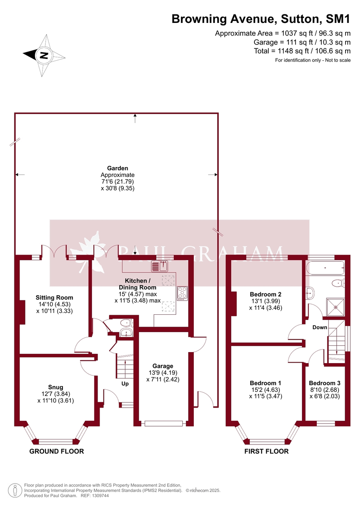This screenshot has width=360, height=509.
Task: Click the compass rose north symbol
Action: click(x=44, y=55)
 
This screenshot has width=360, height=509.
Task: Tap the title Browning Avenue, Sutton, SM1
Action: click(x=261, y=19)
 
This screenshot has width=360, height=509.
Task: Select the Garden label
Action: click(x=117, y=168)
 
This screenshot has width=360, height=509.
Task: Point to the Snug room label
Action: click(x=56, y=387)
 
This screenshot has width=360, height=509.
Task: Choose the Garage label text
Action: click(x=163, y=366)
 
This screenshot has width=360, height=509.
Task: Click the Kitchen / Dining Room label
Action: click(x=137, y=284)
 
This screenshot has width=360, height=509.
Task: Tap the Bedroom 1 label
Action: click(x=265, y=383)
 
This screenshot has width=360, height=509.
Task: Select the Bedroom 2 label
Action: click(x=265, y=294)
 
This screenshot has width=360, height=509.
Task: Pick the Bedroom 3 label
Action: click(x=324, y=383)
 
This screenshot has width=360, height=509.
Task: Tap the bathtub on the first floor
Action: click(x=325, y=268)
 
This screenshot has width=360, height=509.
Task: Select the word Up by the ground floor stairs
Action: click(x=125, y=384)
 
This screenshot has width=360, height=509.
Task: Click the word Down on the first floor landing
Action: click(x=320, y=327)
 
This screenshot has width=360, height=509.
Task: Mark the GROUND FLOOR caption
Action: click(x=56, y=451)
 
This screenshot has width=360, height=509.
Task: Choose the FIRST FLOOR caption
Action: click(x=266, y=451)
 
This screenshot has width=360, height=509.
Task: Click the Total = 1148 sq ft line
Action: click(x=302, y=51)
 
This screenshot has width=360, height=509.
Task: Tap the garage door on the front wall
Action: click(x=163, y=423)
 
